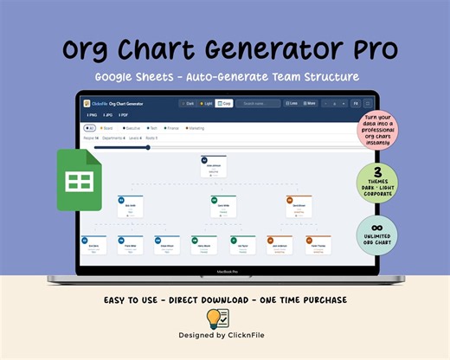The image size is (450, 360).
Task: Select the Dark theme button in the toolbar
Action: coord(188,103)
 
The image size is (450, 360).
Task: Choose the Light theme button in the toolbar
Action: coord(206,103)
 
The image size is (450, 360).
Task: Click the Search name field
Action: coord(258,103)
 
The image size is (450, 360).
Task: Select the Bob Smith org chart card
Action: coord(129,206)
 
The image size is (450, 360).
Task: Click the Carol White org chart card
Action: coord(222,206)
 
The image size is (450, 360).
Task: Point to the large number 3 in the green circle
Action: coord(377,171)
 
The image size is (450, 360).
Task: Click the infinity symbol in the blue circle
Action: coord(377,228)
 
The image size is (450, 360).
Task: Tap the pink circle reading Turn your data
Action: coord(377,131)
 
